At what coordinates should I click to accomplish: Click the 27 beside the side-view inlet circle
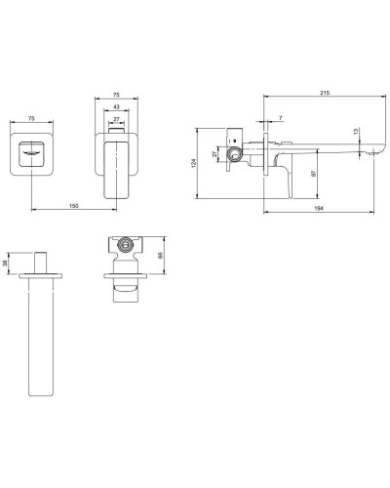(217, 153)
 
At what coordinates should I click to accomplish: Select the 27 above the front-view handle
(118, 120)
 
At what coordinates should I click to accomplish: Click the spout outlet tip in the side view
(370, 151)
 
